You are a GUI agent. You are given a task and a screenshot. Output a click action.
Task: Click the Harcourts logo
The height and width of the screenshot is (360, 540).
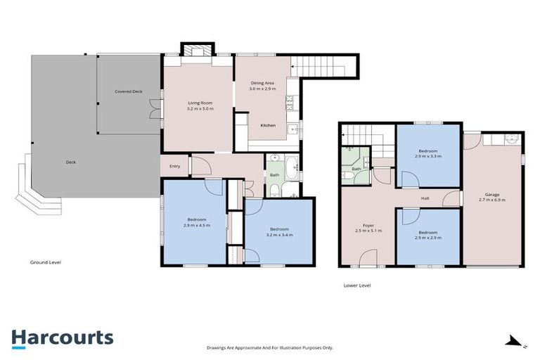pos(63,337)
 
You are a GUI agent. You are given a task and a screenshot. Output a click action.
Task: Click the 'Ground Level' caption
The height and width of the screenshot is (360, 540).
pos(46,262)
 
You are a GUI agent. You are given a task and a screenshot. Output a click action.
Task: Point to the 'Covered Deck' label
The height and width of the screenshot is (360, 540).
pos(129,91)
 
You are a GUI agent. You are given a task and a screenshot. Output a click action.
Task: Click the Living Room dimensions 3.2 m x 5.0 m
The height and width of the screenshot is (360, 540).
pos(200,109)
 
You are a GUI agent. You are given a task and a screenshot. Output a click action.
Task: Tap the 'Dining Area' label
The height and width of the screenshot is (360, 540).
pos(262,83)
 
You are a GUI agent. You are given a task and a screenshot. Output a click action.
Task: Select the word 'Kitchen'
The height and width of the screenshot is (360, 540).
pos(267,125)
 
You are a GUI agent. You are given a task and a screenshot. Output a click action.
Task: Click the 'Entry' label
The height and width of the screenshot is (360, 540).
pos(174,167)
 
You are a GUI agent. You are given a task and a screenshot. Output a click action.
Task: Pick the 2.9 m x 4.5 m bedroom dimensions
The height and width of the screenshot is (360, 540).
pos(196,226)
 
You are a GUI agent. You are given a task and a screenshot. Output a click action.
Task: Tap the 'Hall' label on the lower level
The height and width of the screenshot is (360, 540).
pos(425,198)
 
